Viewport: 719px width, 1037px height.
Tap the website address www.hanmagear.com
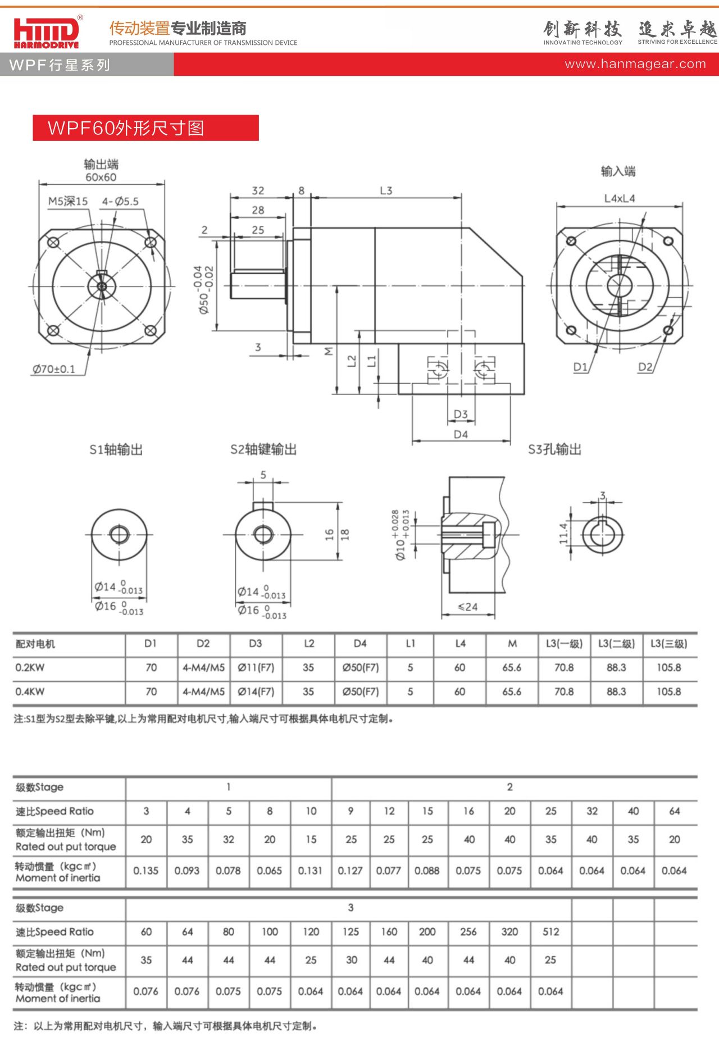click(x=635, y=64)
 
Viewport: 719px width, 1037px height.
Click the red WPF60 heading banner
click(x=145, y=128)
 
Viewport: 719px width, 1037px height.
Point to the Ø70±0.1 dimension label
click(x=53, y=369)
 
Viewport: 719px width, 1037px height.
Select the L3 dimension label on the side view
click(x=386, y=190)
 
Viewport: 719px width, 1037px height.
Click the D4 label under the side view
click(x=461, y=434)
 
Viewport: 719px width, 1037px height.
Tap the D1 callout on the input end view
click(x=580, y=367)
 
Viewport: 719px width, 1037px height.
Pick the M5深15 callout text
click(x=68, y=201)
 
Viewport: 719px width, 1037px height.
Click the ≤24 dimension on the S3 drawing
click(x=468, y=607)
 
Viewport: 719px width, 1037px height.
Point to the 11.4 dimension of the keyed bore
click(x=563, y=533)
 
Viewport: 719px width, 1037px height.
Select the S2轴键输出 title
click(x=263, y=449)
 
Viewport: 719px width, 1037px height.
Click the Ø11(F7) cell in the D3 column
click(x=256, y=667)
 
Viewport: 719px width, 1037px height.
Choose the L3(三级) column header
click(x=668, y=644)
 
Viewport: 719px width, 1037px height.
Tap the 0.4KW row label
click(x=30, y=692)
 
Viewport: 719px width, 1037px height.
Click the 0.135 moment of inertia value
click(x=146, y=871)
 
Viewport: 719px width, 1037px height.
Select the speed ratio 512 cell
click(x=551, y=932)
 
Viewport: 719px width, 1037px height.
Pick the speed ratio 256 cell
click(x=468, y=932)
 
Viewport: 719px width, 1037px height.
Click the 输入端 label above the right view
click(x=618, y=171)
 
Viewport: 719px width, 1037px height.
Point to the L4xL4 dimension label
click(x=620, y=198)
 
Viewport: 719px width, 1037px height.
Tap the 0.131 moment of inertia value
click(x=311, y=871)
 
